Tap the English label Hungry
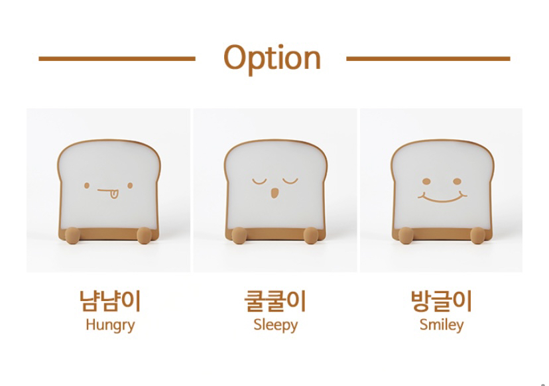coord(110,326)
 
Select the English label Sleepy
coord(276,326)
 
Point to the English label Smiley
coord(442,326)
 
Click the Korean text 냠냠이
coord(110,301)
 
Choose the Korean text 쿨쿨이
coord(275,301)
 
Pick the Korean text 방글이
coord(442,301)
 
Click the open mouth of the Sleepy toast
coord(275,193)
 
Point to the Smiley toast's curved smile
coord(442,200)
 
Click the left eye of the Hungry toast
coord(87,185)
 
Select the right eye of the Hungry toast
coord(130,185)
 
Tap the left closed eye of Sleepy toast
coord(259,182)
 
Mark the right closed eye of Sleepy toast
coord(290,182)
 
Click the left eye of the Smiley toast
coord(426,181)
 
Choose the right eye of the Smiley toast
coord(457,181)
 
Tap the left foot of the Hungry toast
coord(72,235)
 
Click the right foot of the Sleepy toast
coord(311,235)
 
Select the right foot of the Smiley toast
coord(477,235)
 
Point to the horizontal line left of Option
coord(117,59)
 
